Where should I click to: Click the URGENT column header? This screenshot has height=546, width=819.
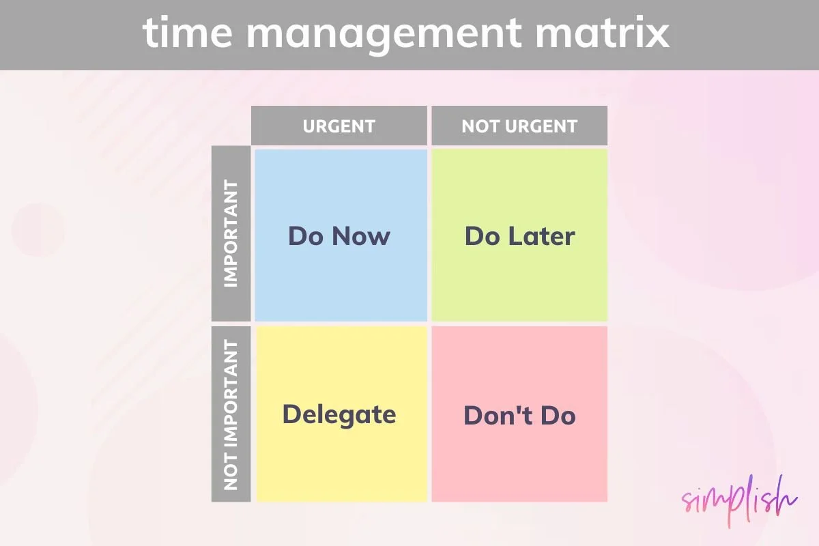339,126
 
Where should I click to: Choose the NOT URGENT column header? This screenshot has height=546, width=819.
519,126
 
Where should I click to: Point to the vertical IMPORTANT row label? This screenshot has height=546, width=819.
231,234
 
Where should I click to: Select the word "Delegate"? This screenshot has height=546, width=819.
339,415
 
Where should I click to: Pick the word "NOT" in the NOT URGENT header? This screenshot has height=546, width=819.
478,126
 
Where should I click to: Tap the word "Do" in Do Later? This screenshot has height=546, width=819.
481,237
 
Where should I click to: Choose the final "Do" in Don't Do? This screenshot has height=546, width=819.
558,416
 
